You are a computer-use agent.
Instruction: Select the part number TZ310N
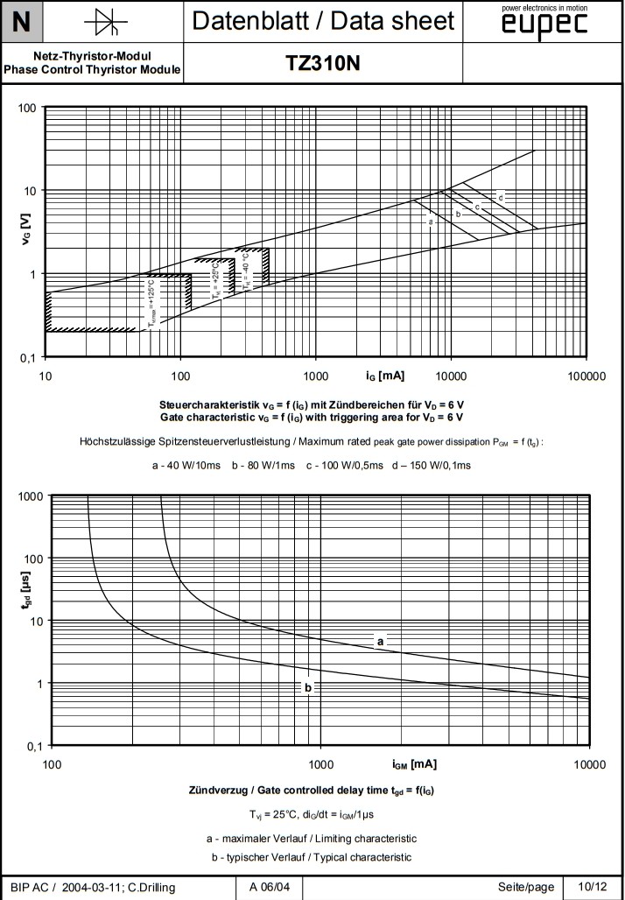coord(323,64)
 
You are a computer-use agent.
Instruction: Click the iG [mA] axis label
coord(384,376)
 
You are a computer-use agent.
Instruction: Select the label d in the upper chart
coord(501,198)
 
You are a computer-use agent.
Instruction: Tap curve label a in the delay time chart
coord(380,642)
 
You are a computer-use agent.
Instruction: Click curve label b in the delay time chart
coord(307,687)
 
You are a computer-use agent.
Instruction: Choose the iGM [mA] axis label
coord(414,763)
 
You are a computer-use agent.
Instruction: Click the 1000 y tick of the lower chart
coord(30,496)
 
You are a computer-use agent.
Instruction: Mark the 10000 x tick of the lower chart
coord(588,764)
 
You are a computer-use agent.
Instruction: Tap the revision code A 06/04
coord(270,887)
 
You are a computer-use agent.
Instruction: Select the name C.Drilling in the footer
coord(144,887)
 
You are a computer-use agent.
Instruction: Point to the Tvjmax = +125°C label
coord(152,302)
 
